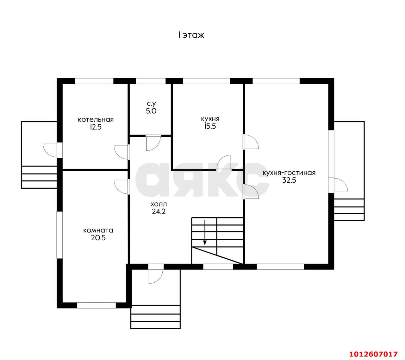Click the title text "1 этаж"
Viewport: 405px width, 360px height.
click(x=191, y=35)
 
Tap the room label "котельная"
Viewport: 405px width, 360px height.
click(x=96, y=120)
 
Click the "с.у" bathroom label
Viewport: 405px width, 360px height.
click(x=151, y=104)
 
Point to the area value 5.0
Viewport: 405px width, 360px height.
click(x=151, y=111)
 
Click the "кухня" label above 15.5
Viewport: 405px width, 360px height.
click(x=210, y=119)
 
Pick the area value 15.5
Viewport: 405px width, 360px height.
click(x=210, y=126)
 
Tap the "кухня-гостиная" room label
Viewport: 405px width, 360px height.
click(x=289, y=173)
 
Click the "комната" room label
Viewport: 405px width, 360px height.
click(x=98, y=230)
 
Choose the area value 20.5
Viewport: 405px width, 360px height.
click(x=98, y=238)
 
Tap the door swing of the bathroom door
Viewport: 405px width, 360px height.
click(x=153, y=143)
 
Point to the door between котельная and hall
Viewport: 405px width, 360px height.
click(x=122, y=152)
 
